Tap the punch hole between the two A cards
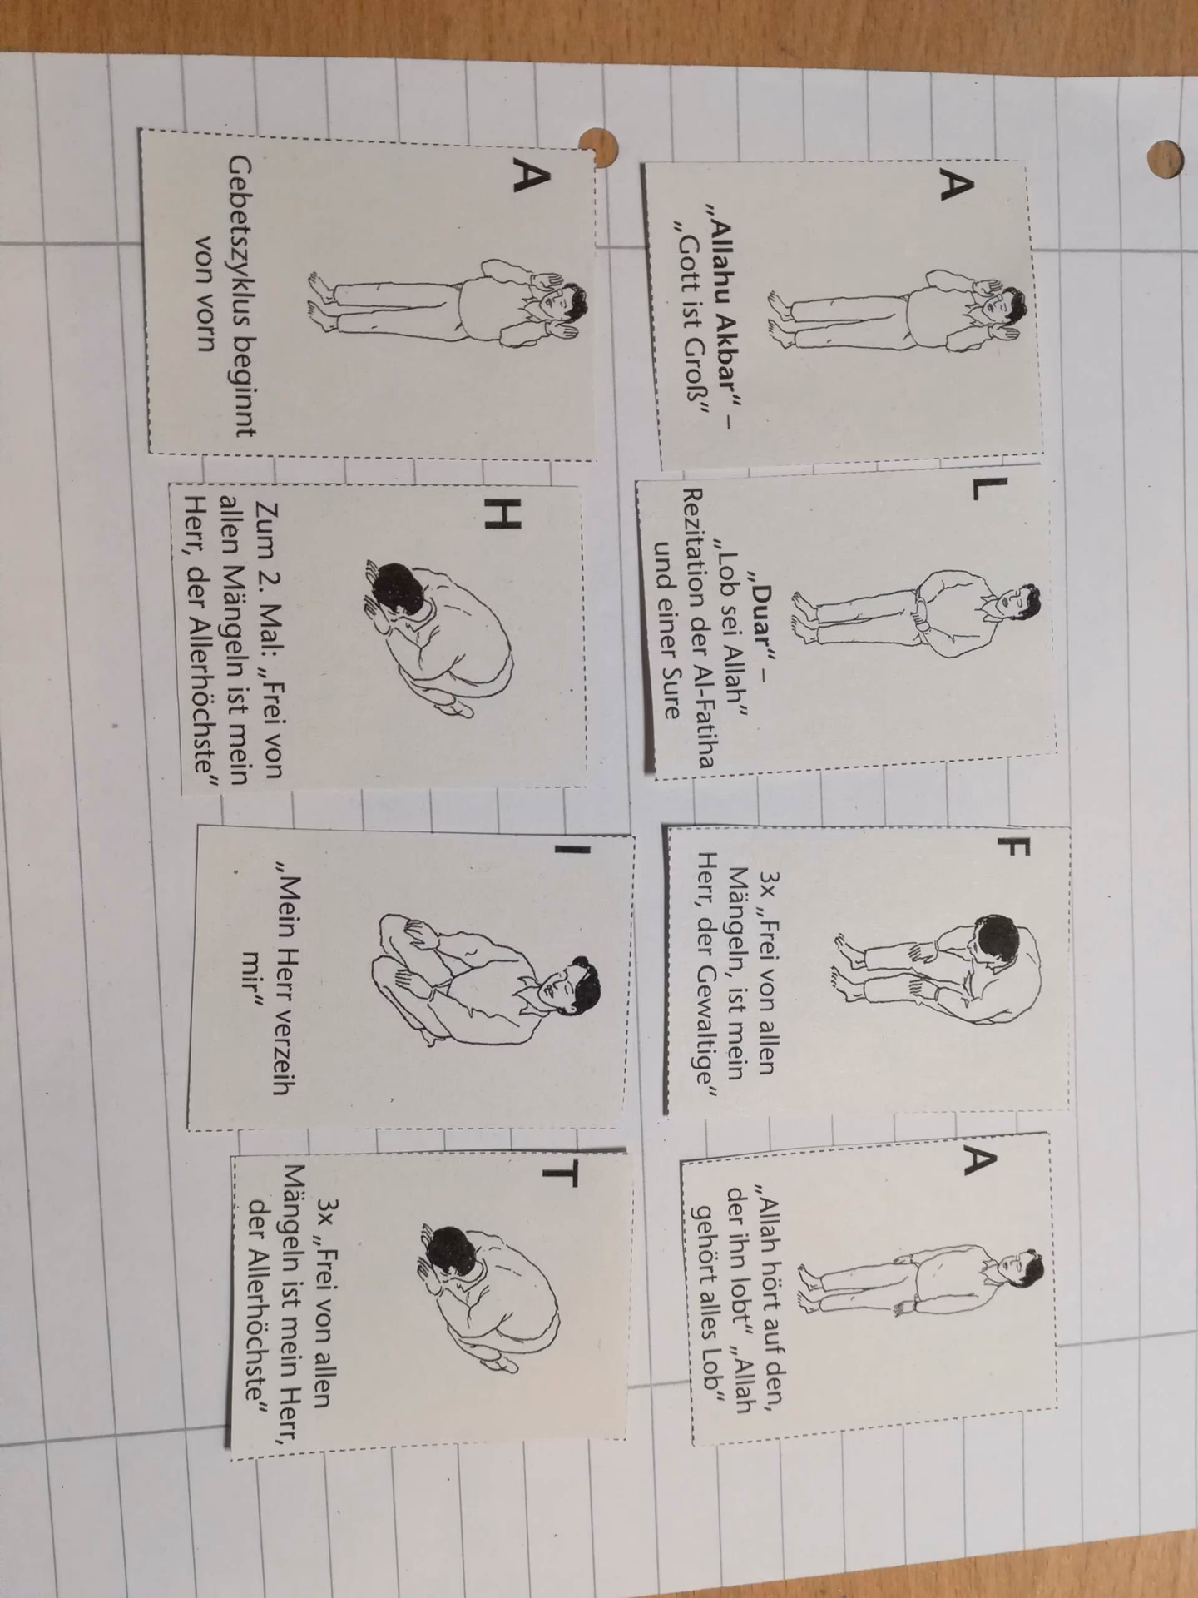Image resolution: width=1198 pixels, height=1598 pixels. coord(598,146)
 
